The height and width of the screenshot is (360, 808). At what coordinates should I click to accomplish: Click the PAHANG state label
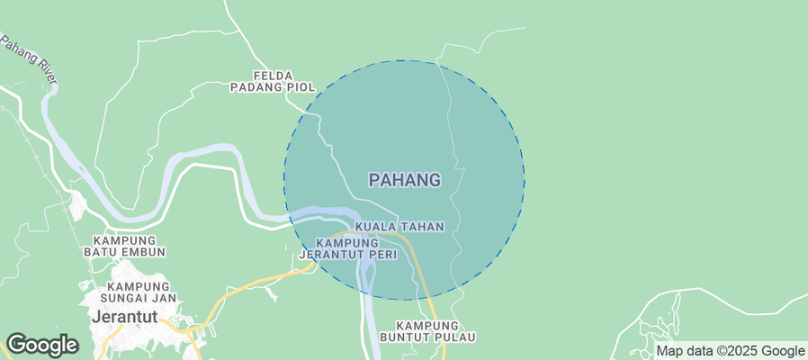[x=405, y=180]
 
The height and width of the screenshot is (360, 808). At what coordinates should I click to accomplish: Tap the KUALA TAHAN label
[x=400, y=227]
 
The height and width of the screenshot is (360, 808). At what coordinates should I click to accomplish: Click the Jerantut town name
[x=124, y=317]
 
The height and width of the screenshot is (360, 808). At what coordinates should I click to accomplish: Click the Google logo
[x=42, y=345]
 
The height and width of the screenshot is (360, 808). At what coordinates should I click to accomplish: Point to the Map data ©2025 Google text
[x=730, y=351]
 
